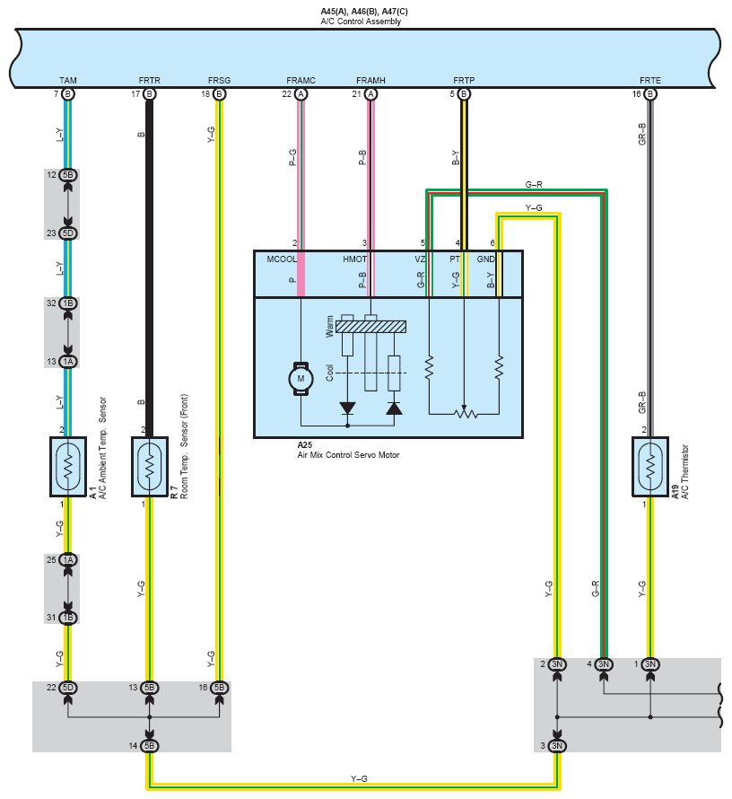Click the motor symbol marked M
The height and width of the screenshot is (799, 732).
point(301,379)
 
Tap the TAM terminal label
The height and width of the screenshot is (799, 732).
point(67,81)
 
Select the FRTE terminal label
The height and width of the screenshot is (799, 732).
point(650,81)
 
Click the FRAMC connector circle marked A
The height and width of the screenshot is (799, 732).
point(301,93)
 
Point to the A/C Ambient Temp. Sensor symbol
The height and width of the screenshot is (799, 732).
point(67,466)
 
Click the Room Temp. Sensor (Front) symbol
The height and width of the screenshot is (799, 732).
point(149,466)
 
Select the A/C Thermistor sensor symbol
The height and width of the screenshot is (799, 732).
point(650,466)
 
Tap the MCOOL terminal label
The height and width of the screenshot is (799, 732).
point(282,259)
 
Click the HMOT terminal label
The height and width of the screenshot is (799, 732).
point(354,259)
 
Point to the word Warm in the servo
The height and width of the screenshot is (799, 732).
point(329,326)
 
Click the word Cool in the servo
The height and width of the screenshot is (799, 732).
point(329,373)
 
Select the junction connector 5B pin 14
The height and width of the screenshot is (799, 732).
point(149,746)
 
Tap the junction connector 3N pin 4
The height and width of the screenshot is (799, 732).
point(603,664)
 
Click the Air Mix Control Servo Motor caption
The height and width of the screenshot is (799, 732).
point(348,455)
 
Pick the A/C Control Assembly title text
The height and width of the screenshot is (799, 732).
point(361,22)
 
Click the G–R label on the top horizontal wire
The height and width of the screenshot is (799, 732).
point(534,184)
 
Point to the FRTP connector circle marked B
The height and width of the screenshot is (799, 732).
point(463,93)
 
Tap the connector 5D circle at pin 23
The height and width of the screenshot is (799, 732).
point(67,233)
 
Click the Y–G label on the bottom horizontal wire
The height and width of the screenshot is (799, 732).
point(359,778)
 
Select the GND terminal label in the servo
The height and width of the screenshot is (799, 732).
point(485,259)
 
